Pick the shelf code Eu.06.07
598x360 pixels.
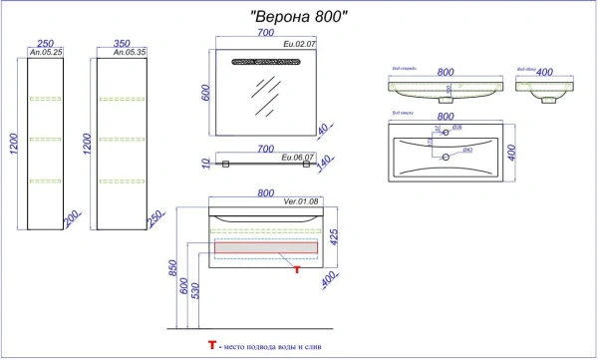pos(299,157)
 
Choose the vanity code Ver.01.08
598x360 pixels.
pos(300,202)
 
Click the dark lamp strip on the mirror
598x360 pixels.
pos(264,62)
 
